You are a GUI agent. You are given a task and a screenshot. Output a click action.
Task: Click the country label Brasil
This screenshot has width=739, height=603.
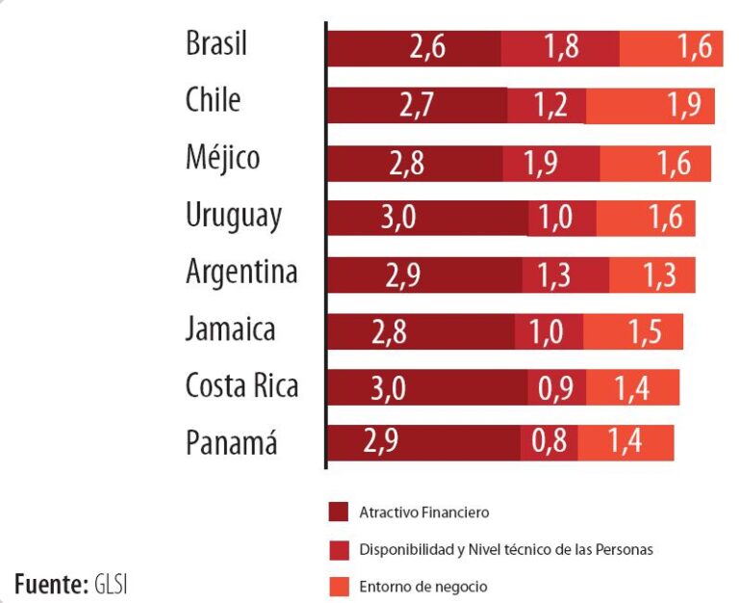tap(217, 43)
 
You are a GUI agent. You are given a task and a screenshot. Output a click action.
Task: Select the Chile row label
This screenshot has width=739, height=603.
tap(213, 100)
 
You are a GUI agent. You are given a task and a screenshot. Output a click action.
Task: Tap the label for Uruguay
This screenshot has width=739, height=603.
tap(234, 216)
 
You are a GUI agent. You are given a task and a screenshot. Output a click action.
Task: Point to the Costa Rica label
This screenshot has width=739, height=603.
tap(242, 386)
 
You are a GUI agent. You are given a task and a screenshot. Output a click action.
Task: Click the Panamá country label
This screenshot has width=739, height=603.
tap(231, 443)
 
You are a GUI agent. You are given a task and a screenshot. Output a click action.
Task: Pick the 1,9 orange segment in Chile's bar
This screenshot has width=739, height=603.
tap(650, 106)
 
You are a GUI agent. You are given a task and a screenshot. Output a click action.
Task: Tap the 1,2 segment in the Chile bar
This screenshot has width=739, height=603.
tap(546, 106)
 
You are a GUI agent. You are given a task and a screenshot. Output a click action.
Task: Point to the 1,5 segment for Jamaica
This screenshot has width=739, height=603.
tap(633, 331)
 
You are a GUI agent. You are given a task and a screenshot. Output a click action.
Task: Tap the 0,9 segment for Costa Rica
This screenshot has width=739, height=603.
tap(555, 388)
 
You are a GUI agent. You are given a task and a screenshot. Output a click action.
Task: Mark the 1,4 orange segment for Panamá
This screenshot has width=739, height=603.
tap(625, 444)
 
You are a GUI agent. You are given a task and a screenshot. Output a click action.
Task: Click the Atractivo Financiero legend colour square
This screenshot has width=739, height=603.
tap(338, 511)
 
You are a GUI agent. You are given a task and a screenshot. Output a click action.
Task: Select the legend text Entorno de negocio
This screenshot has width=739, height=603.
tap(423, 586)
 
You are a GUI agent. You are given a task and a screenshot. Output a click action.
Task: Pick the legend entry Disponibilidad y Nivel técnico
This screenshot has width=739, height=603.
tap(506, 549)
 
